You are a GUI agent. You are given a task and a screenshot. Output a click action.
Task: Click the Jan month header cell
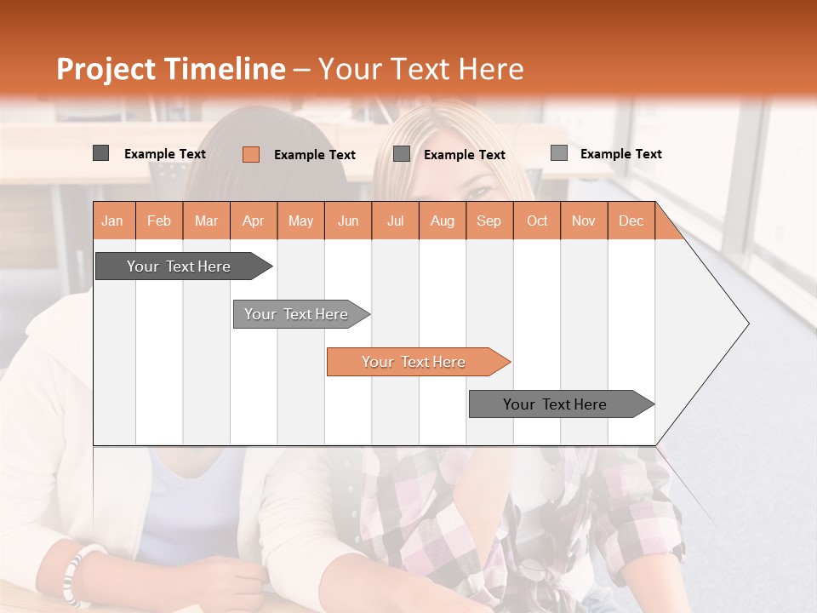113,221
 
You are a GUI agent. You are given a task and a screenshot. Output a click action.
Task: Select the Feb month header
159,221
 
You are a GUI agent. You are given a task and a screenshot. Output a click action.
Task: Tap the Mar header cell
206,221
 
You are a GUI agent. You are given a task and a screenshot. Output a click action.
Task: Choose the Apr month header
254,221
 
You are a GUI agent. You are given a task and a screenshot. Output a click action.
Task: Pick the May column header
300,221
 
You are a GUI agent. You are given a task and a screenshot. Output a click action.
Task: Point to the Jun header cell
348,221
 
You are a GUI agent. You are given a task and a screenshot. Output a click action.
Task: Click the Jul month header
395,221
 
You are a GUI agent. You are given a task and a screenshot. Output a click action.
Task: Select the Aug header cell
443,221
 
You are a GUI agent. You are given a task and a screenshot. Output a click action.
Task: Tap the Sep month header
489,221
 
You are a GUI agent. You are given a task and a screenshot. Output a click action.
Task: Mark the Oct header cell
537,221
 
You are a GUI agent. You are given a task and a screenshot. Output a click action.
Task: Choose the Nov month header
584,221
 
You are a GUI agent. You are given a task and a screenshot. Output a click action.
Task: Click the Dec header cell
631,221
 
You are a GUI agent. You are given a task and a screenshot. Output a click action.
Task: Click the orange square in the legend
251,154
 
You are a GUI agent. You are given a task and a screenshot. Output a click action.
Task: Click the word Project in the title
106,69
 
